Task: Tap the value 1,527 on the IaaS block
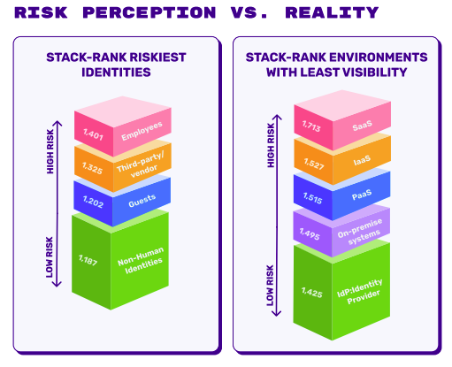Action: pyautogui.click(x=310, y=165)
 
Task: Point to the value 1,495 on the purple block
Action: pyautogui.click(x=310, y=234)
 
